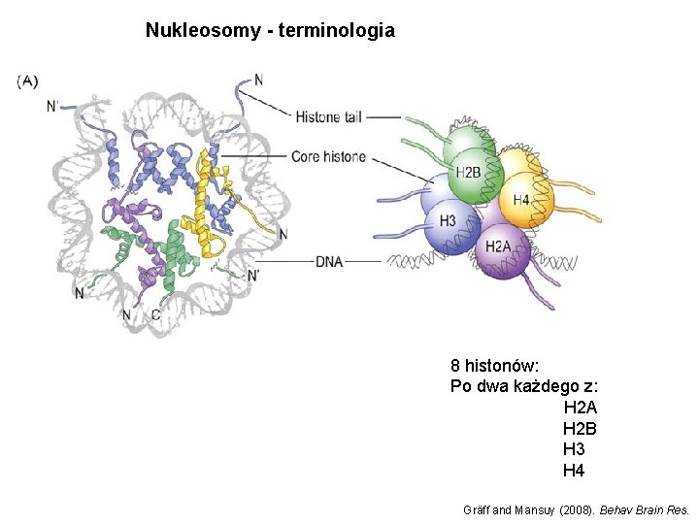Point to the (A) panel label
(27, 82)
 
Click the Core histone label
(328, 156)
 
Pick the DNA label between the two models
(329, 261)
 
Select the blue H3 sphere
(448, 222)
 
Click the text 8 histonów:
(495, 367)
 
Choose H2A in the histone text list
(580, 408)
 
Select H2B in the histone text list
(580, 428)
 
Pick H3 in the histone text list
(574, 449)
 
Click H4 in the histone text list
(574, 471)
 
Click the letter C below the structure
(156, 314)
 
